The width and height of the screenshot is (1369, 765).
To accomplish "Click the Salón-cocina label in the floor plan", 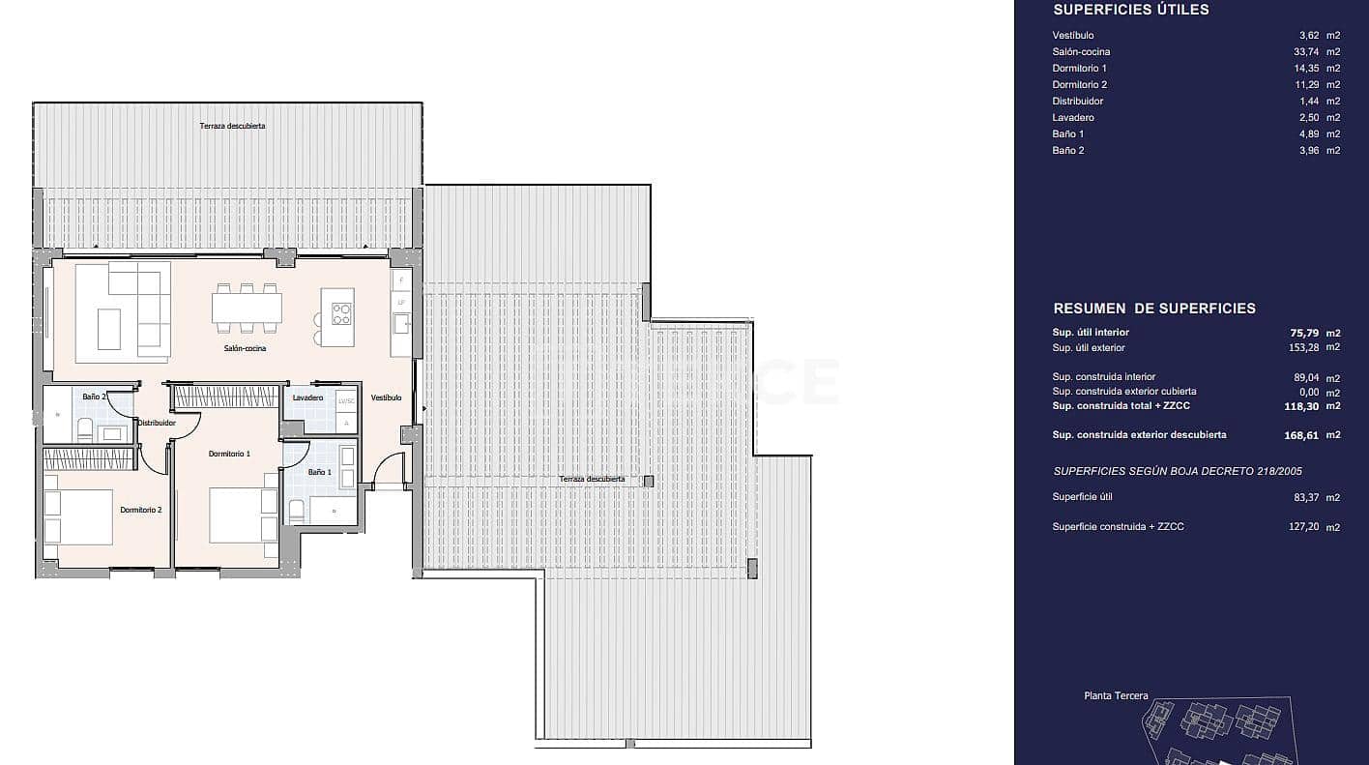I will (x=245, y=348).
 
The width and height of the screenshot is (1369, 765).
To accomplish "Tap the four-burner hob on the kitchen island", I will (x=342, y=313).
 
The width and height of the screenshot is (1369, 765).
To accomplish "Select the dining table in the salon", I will (x=247, y=308).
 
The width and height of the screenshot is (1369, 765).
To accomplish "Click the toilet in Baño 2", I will (x=84, y=430).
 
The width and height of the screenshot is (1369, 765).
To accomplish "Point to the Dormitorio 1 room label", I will (x=229, y=454).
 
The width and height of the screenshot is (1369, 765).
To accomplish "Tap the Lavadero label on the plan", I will (x=306, y=397).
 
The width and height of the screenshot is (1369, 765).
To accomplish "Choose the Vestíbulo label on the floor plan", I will (x=386, y=397).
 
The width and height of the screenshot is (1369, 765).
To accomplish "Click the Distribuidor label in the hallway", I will (x=156, y=423).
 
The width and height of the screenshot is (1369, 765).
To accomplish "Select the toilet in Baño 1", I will (x=297, y=511).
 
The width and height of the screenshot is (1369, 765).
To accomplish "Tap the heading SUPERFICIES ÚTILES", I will (x=1130, y=10).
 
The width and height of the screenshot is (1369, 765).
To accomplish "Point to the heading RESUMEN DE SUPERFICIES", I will (x=1153, y=309).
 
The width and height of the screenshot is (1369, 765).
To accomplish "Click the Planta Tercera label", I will (x=1116, y=695).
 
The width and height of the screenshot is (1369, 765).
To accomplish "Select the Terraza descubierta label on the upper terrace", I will (x=232, y=127).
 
